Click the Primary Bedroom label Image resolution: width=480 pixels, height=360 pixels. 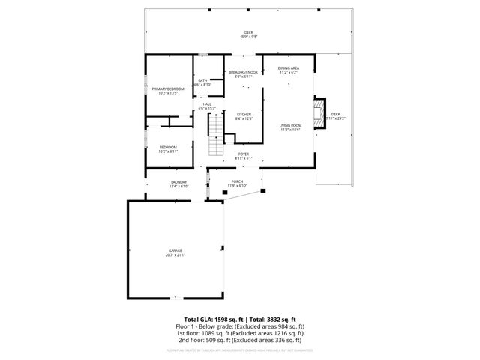(168, 88)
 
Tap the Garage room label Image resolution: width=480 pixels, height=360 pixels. (175, 250)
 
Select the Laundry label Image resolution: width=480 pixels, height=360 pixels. (178, 182)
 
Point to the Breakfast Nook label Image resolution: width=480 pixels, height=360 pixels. (244, 72)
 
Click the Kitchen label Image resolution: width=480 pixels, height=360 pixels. (244, 114)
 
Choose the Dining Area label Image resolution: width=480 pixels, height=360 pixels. (289, 68)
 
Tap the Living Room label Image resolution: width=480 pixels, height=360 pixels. (290, 125)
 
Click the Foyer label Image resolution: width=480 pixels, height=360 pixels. (244, 154)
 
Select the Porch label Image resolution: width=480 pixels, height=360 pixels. (237, 181)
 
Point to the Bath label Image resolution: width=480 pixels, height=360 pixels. (203, 80)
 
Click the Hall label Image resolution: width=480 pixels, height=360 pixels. (207, 105)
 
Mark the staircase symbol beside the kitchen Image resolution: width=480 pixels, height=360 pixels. (215, 128)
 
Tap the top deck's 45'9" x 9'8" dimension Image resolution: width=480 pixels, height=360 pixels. (249, 37)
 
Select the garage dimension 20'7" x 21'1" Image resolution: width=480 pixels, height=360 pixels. (175, 255)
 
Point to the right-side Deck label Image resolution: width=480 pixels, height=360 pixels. (336, 114)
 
